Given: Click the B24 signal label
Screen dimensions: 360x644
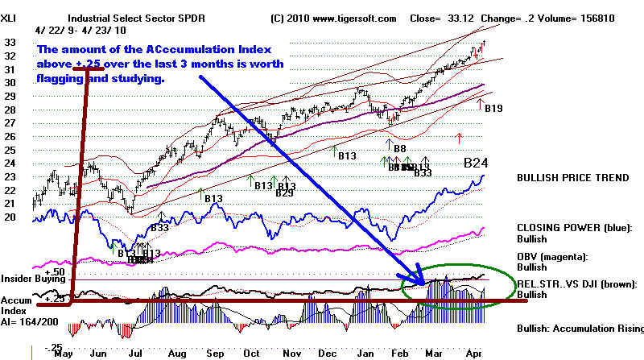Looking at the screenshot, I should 477,163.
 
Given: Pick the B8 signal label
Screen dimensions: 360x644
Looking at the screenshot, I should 399,147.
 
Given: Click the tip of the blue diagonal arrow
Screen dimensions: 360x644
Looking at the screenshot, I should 424,281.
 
